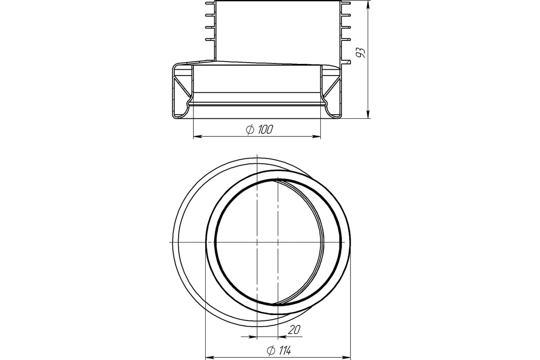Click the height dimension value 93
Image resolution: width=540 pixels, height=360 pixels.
pos(360,53)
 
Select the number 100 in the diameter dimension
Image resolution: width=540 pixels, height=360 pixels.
pos(265,130)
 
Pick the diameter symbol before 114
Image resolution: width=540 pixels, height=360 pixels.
pos(271,350)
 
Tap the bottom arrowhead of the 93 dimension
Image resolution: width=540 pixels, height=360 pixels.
pos(369,114)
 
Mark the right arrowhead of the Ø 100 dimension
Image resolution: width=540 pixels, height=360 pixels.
pos(316,136)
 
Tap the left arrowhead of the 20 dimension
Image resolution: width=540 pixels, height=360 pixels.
pos(252,336)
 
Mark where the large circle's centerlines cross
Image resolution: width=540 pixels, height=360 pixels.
pos(256,242)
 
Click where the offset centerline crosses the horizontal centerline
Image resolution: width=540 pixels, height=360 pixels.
pos(279,242)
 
